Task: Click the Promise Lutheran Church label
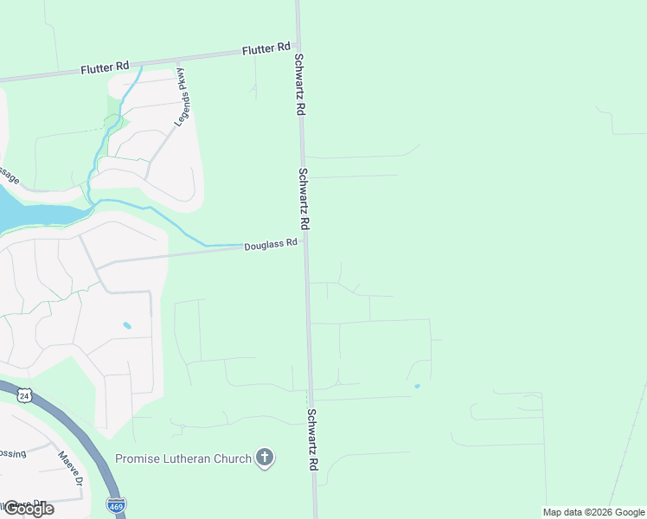[183, 458]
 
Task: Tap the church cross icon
[265, 458]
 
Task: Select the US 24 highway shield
[22, 395]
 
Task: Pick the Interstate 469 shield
[116, 503]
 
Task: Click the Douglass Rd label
[271, 245]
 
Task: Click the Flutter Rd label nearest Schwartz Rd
[266, 49]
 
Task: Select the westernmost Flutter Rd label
[105, 67]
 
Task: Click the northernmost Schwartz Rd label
[298, 85]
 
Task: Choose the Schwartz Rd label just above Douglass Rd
[304, 197]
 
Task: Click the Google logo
[28, 509]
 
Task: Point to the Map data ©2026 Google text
[594, 512]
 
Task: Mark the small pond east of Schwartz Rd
[417, 386]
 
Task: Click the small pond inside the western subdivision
[128, 326]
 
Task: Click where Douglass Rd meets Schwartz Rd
[304, 243]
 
